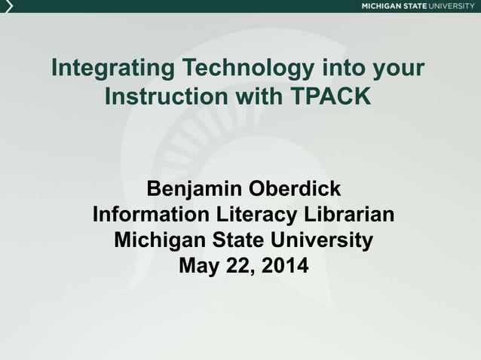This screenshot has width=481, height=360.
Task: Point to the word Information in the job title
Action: click(152, 215)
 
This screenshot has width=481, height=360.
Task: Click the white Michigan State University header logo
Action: click(418, 6)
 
